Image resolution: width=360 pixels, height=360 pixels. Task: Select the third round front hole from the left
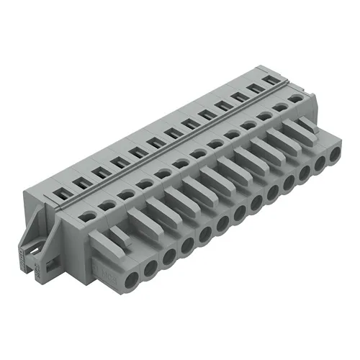tap(169, 256)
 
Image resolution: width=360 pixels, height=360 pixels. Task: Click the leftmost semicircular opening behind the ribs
tap(88, 215)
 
